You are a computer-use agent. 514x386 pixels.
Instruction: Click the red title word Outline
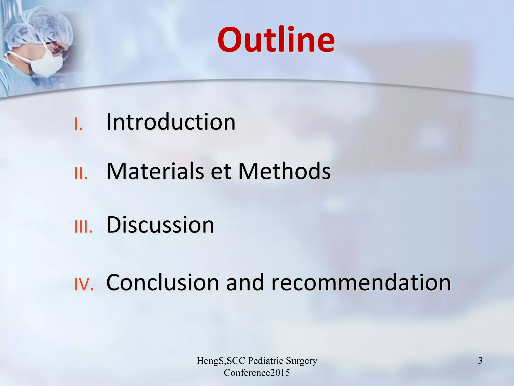point(276,40)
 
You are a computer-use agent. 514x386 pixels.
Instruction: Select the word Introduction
point(171,122)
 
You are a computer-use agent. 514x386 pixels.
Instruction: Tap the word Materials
point(155,171)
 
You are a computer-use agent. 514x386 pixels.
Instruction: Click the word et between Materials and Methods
point(221,172)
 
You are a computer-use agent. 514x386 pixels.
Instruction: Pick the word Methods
point(284,171)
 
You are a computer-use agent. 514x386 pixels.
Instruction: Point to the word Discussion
point(160,225)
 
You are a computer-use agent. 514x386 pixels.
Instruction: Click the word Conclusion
point(163,282)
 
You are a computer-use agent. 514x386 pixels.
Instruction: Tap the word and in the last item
point(245,282)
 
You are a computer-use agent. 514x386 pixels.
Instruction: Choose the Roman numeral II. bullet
point(81,174)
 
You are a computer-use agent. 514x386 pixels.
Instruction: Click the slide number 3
point(480,361)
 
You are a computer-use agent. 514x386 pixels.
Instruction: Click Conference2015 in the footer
point(257,373)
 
